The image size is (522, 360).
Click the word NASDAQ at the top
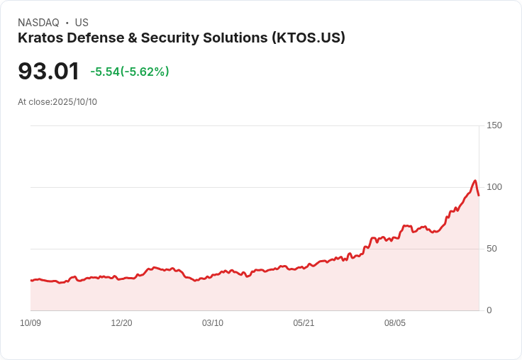tap(38, 23)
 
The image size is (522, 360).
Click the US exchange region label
tap(82, 23)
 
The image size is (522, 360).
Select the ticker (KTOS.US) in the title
tap(308, 38)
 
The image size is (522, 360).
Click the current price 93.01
tap(48, 72)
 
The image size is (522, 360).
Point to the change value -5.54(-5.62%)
tap(130, 72)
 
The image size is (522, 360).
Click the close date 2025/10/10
tap(74, 102)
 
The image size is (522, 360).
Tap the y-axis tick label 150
tap(494, 125)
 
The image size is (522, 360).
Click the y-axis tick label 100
tap(494, 187)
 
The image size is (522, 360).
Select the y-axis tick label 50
tap(492, 249)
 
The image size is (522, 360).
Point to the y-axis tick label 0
tap(489, 310)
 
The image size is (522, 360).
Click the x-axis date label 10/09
tap(30, 323)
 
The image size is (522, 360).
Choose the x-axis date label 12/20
tap(121, 323)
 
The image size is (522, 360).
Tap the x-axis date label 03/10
tap(213, 323)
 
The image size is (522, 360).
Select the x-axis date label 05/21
tap(304, 323)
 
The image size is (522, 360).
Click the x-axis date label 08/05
tap(394, 323)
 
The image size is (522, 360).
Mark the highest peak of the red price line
tap(475, 181)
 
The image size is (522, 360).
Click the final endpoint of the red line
tap(479, 196)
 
